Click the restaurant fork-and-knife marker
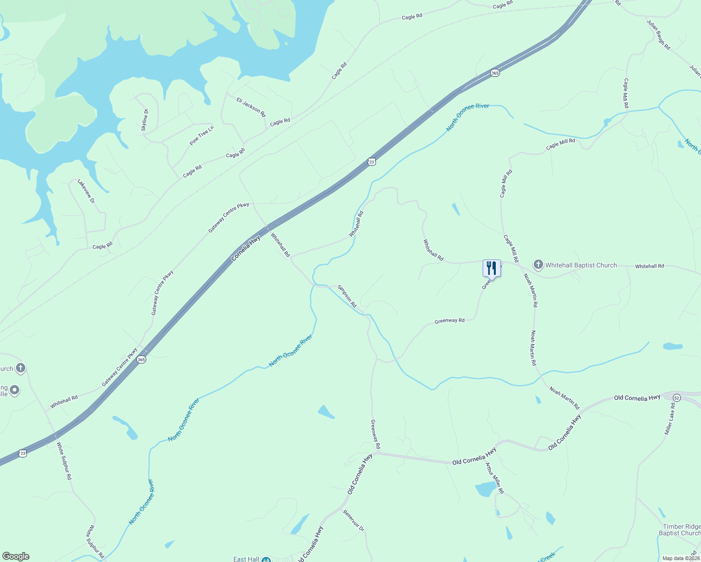click(492, 268)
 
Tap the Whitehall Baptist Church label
click(581, 265)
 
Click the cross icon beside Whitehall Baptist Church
click(538, 265)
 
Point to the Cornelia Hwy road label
click(246, 248)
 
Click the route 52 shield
click(676, 398)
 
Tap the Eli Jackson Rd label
click(251, 107)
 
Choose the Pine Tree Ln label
click(201, 135)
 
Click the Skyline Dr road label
click(144, 120)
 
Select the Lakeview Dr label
click(86, 191)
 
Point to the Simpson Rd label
click(347, 296)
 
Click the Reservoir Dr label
click(354, 520)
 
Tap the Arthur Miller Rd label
click(494, 478)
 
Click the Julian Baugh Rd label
click(658, 35)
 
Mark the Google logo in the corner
click(16, 556)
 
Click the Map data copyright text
click(681, 558)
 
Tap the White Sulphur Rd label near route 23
click(64, 461)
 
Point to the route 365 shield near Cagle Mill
click(495, 73)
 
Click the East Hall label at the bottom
click(246, 559)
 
